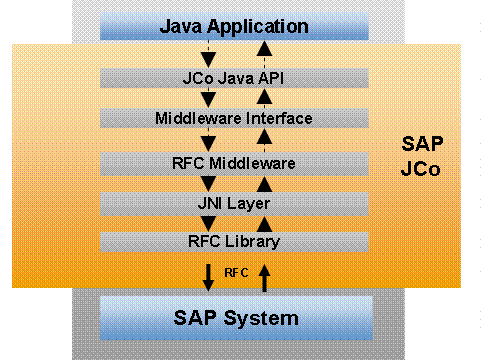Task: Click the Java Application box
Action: pyautogui.click(x=234, y=26)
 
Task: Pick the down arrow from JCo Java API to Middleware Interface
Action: pyautogui.click(x=208, y=98)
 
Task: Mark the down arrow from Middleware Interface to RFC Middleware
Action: pyautogui.click(x=208, y=140)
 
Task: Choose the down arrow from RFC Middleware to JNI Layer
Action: pyautogui.click(x=208, y=182)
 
